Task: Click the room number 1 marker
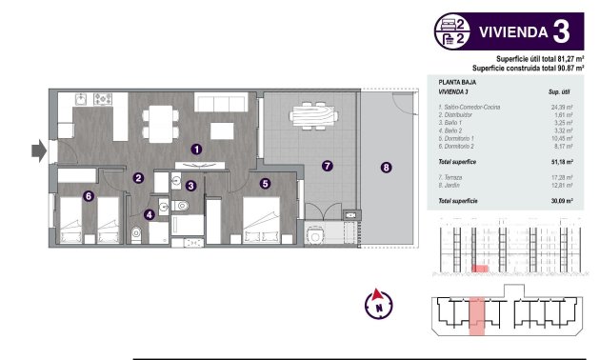point(195,149)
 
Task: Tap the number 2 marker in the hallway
point(138,177)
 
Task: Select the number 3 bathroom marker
point(191,187)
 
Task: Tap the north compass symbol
point(379,304)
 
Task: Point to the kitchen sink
point(80,98)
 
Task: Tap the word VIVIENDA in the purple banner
point(512,31)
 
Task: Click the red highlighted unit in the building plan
point(479,313)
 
